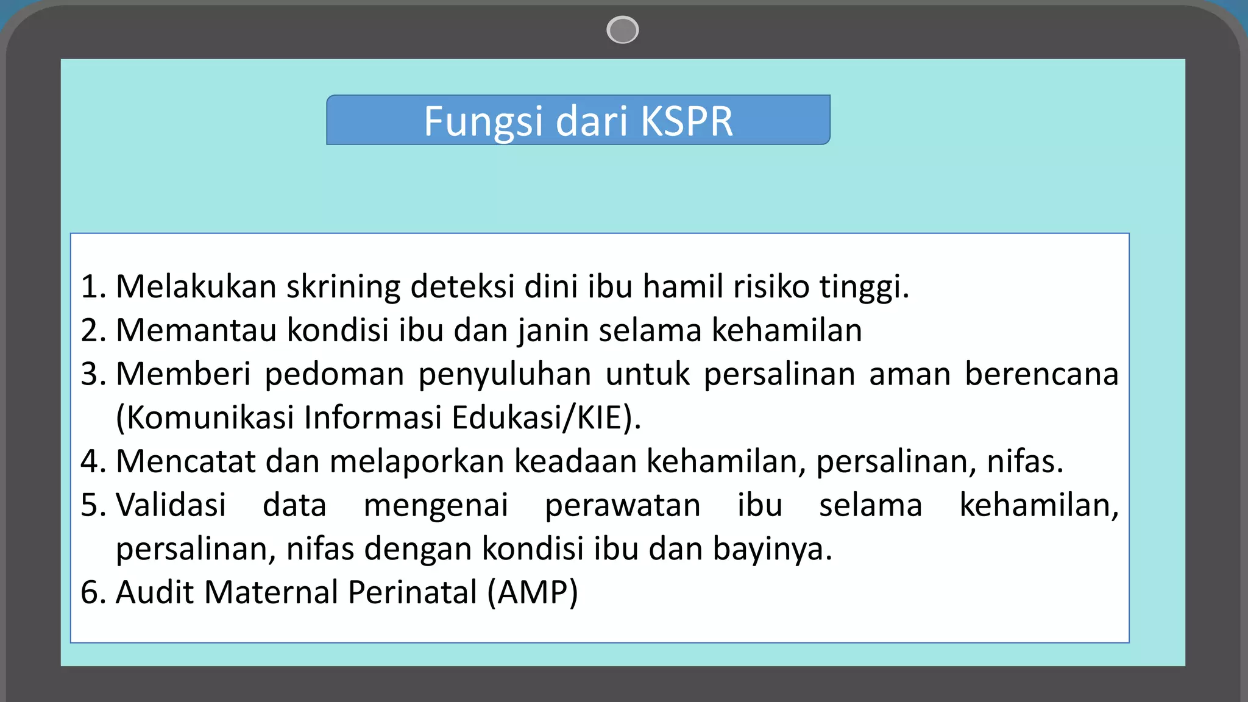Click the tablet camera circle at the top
(x=622, y=30)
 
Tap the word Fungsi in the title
(x=483, y=122)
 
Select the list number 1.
(x=92, y=286)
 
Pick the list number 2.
(x=92, y=330)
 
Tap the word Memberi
(x=183, y=374)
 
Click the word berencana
(x=1041, y=374)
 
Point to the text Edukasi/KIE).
(x=546, y=418)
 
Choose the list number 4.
(x=92, y=461)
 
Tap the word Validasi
(x=171, y=505)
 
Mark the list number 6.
(x=92, y=592)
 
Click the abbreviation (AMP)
(x=532, y=593)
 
